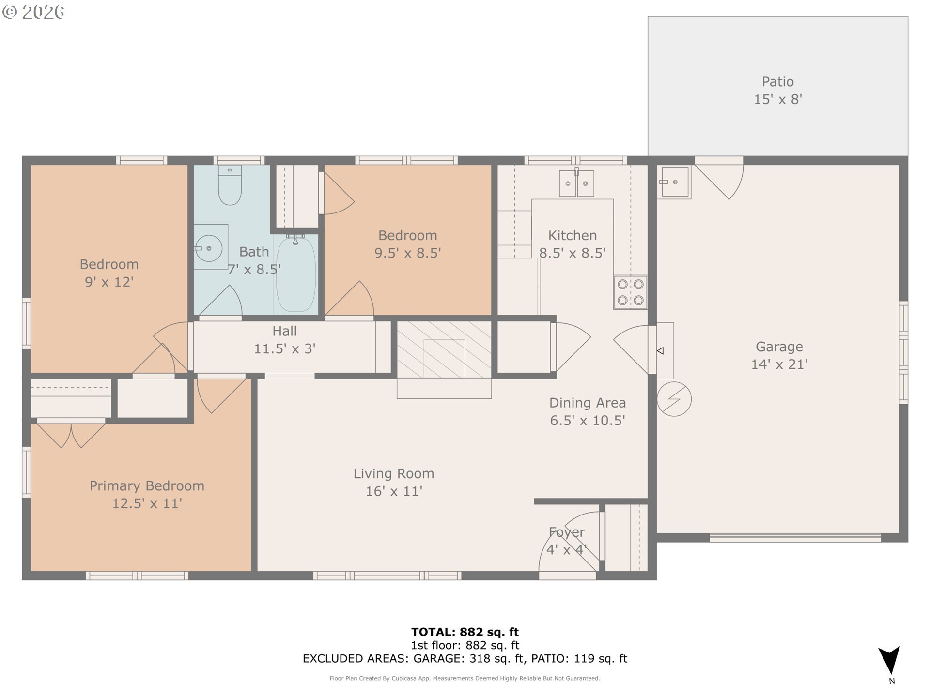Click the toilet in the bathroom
[x=230, y=185]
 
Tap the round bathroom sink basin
[x=209, y=248]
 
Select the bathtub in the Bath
[x=295, y=273]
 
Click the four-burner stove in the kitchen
[x=631, y=292]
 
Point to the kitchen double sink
[x=576, y=183]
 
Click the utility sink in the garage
[x=674, y=182]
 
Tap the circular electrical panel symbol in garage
[x=674, y=399]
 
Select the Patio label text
[x=777, y=82]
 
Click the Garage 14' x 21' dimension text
[x=779, y=364]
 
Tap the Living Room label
[x=394, y=473]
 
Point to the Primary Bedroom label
[x=147, y=485]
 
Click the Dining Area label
[x=587, y=403]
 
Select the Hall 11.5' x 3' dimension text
[x=285, y=348]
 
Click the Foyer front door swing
[x=570, y=542]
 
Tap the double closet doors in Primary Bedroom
[x=71, y=435]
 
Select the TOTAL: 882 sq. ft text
[x=465, y=632]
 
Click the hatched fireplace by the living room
[x=444, y=349]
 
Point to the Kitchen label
[x=572, y=235]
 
